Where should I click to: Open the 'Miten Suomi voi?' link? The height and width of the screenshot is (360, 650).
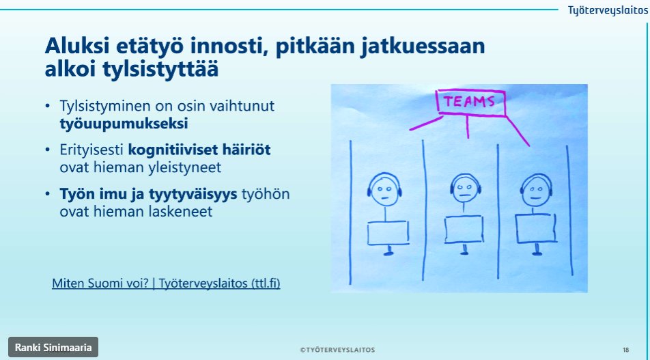(x=166, y=283)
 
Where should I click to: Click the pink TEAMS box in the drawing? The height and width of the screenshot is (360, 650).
(x=471, y=103)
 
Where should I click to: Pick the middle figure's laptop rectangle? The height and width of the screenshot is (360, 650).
(x=465, y=229)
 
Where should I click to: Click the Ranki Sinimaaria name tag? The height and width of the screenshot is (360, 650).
(x=53, y=347)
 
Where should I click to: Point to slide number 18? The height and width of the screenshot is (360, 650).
(x=625, y=350)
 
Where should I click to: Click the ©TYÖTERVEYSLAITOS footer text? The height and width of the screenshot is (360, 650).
(x=337, y=350)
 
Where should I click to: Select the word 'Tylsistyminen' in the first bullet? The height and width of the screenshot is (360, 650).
(x=100, y=107)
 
